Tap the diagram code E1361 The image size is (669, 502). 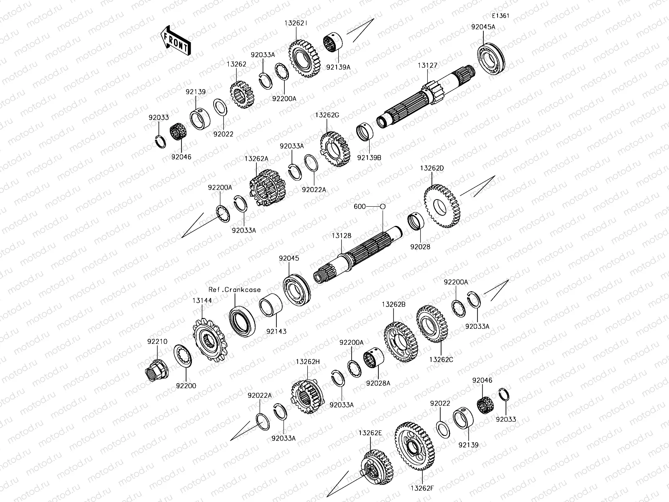500,16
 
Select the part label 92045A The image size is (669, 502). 483,27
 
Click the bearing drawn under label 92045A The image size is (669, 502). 491,59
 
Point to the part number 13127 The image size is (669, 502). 427,65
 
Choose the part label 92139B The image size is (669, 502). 369,157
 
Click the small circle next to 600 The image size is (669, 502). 382,206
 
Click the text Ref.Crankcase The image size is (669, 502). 235,289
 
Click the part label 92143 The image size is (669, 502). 276,331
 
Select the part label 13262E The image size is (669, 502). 370,433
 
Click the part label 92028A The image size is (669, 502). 378,382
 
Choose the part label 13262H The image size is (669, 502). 307,361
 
